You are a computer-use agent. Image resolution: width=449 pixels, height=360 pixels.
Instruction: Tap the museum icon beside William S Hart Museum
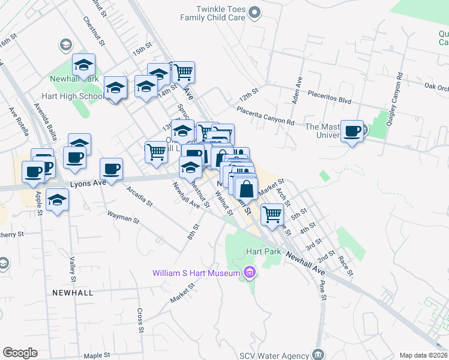click(x=250, y=274)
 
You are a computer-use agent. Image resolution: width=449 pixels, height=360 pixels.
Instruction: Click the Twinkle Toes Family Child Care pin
click(x=255, y=12)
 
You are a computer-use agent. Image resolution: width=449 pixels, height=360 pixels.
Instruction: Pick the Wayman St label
click(x=123, y=217)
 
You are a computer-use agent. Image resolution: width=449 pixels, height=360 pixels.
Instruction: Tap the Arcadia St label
click(x=140, y=195)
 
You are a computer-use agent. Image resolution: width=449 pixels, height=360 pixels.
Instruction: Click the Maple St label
click(x=97, y=355)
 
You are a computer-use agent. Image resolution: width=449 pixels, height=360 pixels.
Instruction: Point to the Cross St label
click(x=140, y=320)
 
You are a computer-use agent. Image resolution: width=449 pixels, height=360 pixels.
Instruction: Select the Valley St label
click(x=72, y=269)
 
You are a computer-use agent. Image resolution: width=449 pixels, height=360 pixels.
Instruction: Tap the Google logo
click(x=20, y=353)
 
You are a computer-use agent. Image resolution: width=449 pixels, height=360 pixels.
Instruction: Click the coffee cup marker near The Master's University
click(x=352, y=131)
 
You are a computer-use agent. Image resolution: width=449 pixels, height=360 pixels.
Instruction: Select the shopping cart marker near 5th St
click(x=273, y=214)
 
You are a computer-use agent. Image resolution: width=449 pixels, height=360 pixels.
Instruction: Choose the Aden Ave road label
click(x=296, y=90)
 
